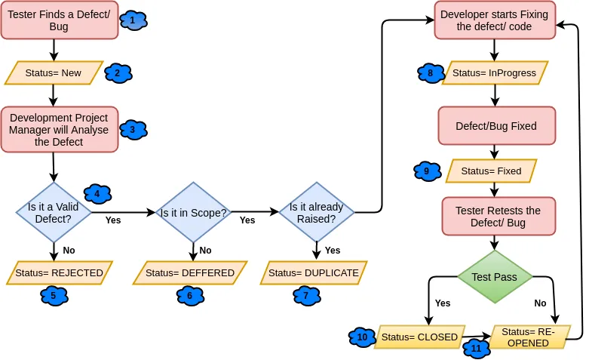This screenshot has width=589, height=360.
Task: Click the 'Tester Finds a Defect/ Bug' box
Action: click(59, 20)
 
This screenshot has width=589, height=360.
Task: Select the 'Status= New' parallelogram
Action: click(54, 73)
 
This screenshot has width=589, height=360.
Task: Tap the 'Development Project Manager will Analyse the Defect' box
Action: click(59, 130)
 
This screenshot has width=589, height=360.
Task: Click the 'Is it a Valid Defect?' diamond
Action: click(54, 213)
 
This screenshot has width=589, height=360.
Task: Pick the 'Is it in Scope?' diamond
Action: click(193, 213)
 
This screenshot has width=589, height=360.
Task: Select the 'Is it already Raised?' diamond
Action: click(317, 213)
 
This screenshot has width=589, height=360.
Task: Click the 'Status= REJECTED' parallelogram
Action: click(60, 272)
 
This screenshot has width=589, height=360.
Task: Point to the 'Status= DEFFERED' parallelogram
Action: click(190, 272)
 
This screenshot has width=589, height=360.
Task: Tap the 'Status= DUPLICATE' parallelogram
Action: click(314, 272)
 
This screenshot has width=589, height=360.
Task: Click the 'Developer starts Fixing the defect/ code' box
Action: click(494, 20)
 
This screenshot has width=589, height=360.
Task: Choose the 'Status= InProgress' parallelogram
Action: click(494, 73)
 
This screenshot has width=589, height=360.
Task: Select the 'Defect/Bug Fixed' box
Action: click(496, 126)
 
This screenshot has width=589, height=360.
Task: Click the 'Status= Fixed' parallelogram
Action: click(491, 171)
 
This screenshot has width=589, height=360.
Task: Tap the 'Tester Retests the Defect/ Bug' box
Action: click(498, 217)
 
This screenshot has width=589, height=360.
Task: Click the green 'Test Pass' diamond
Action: click(494, 277)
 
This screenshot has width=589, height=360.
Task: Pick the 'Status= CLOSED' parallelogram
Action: click(419, 337)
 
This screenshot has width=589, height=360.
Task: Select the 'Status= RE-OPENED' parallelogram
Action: click(529, 337)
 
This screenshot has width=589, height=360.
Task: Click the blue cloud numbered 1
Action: click(133, 20)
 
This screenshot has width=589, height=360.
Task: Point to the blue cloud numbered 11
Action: click(476, 349)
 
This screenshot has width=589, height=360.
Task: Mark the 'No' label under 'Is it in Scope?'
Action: click(205, 251)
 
